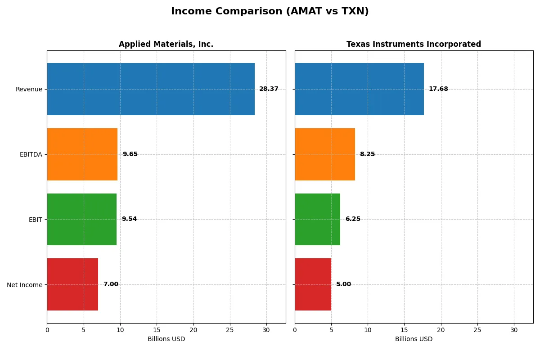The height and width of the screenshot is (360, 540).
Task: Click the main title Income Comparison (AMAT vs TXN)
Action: click(270, 12)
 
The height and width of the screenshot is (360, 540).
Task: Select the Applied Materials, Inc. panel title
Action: click(166, 44)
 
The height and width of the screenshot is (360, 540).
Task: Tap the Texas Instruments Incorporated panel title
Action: click(414, 44)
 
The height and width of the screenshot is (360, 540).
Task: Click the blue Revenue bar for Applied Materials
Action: click(151, 89)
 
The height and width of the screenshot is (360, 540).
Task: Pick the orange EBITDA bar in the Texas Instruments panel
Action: click(325, 154)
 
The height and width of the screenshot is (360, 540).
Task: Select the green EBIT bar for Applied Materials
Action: click(81, 219)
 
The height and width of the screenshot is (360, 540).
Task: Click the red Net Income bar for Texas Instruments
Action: click(313, 284)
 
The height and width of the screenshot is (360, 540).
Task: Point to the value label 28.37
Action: click(269, 89)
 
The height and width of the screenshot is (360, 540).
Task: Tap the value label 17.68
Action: click(438, 89)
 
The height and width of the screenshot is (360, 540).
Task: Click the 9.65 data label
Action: click(130, 154)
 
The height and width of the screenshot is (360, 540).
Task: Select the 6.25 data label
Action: click(353, 219)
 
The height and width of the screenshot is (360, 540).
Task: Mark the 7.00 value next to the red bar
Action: click(111, 284)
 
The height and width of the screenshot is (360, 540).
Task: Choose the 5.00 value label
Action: click(343, 284)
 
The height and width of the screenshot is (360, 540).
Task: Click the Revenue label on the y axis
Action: click(29, 89)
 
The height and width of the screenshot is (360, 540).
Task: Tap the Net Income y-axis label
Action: click(25, 285)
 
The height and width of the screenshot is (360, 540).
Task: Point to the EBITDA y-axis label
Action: click(31, 154)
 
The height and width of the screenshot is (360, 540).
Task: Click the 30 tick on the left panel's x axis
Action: click(266, 330)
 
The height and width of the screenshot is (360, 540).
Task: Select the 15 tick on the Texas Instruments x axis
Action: click(404, 330)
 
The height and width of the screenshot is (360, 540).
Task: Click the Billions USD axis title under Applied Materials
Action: click(166, 339)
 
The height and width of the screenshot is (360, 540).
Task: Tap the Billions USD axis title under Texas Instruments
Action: click(414, 339)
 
